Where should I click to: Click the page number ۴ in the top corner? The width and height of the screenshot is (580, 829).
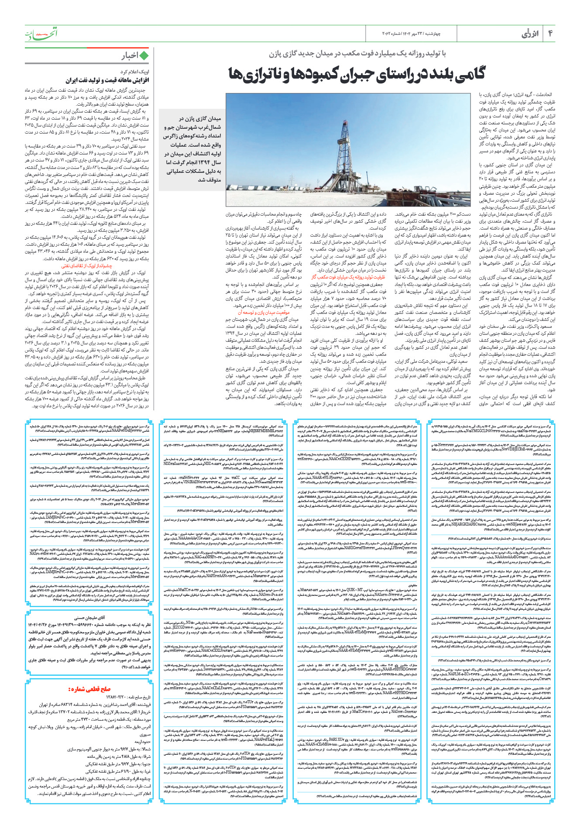pyautogui.click(x=550, y=34)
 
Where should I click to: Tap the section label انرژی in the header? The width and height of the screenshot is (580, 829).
pyautogui.click(x=530, y=34)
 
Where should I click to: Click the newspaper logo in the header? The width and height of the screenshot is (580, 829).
pyautogui.click(x=41, y=34)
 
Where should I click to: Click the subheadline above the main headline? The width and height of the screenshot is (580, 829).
pyautogui.click(x=357, y=54)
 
